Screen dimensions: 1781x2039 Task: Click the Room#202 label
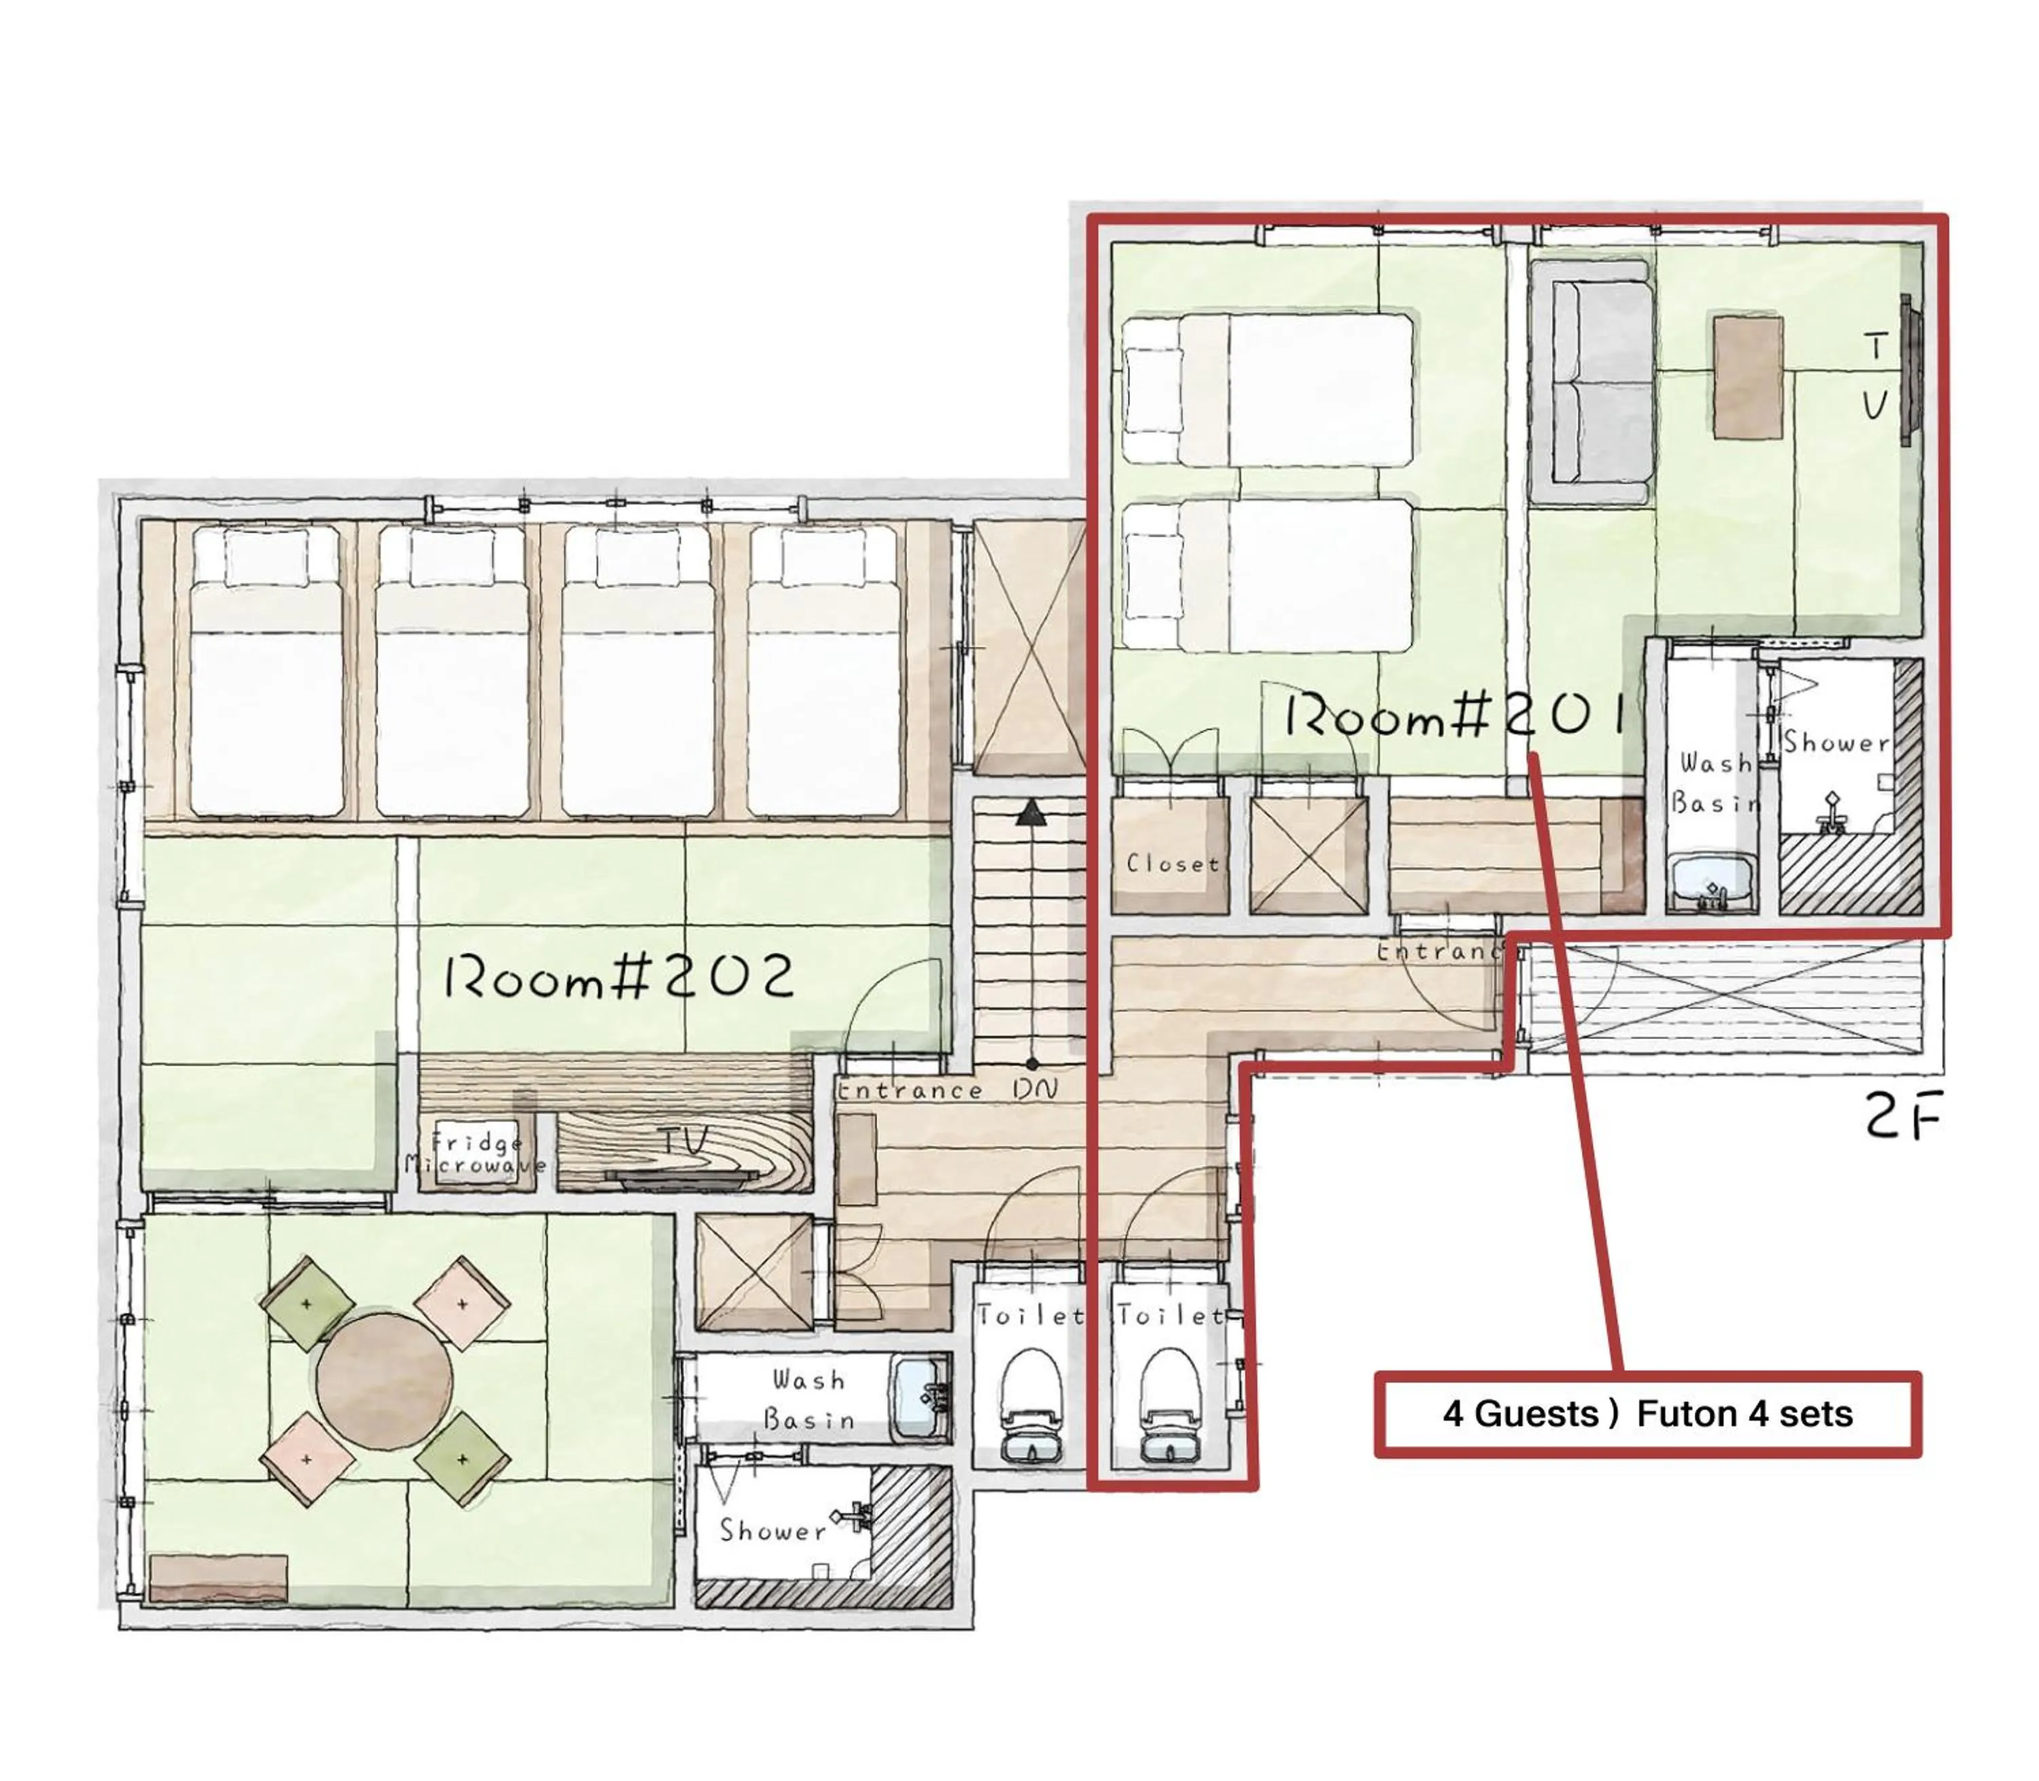click(x=618, y=977)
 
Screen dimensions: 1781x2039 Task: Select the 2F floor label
click(x=1901, y=1119)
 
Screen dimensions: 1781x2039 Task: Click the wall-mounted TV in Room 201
click(x=1907, y=370)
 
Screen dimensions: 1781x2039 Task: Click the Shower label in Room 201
click(x=1834, y=742)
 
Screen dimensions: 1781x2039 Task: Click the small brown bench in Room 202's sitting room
click(x=219, y=1577)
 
